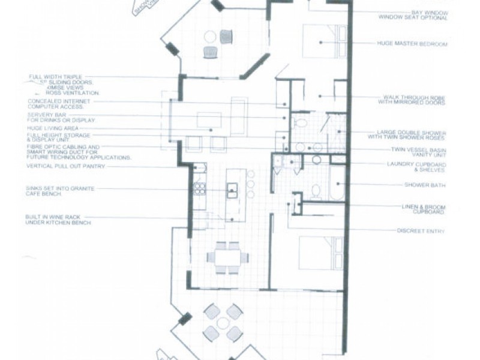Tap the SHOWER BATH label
425,185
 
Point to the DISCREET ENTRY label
421,231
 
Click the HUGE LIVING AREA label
53,128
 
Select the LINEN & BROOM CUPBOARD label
423,209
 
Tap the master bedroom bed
323,41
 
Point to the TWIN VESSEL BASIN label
421,151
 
